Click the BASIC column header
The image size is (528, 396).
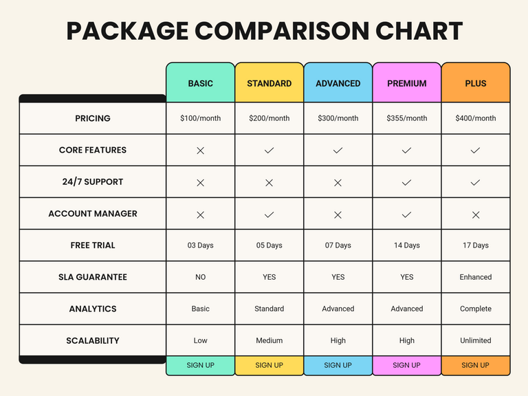click(x=200, y=83)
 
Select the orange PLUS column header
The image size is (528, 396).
click(x=475, y=83)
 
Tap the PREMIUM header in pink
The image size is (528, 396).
click(x=406, y=83)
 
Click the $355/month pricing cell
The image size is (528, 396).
click(x=406, y=118)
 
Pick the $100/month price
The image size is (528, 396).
click(x=200, y=118)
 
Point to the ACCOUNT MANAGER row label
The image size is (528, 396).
click(x=93, y=214)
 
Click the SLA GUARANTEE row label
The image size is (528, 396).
click(x=93, y=277)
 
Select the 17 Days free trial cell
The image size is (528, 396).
click(x=475, y=245)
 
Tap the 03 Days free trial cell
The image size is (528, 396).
click(x=200, y=245)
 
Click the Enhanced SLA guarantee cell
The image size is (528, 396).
click(x=475, y=277)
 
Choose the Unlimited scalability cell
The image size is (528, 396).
click(x=475, y=340)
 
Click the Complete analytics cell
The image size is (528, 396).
click(x=475, y=309)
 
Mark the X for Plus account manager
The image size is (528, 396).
click(x=475, y=214)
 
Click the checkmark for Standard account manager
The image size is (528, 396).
click(x=269, y=214)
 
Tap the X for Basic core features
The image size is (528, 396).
click(x=200, y=151)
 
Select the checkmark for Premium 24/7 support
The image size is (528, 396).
click(x=406, y=182)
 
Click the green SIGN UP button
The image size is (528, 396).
click(x=200, y=365)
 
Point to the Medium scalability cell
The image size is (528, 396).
click(x=269, y=340)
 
